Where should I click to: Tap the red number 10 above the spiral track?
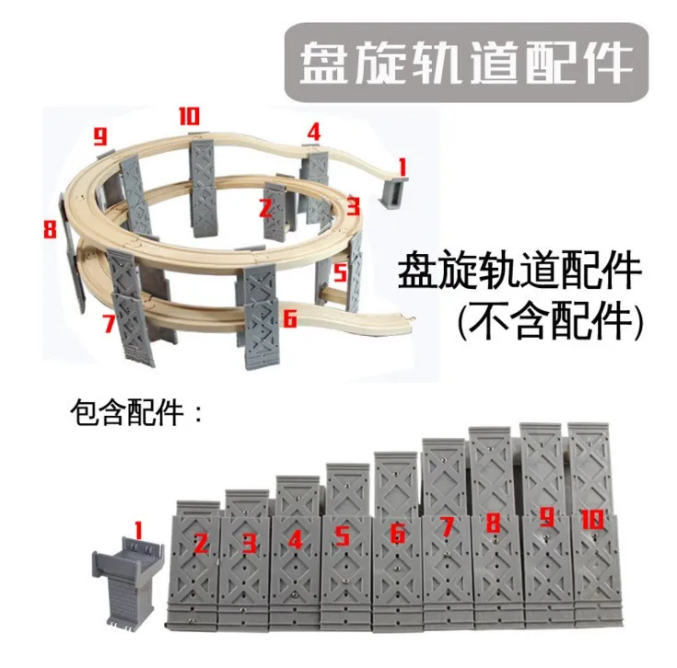pos(189,117)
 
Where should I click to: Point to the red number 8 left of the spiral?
pos(50,228)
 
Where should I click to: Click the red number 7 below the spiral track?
pos(108,323)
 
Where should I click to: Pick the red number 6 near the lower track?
pos(289,318)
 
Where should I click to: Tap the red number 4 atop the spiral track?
pos(313,132)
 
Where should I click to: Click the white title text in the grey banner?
pos(466,62)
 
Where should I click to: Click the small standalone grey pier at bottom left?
pos(127,576)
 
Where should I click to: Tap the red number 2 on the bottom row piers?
pos(201,542)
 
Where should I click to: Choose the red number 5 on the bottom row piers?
pos(342,536)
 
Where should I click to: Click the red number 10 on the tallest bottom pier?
pos(591,520)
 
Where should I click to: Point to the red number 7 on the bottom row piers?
pos(447,527)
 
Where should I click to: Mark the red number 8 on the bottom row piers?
pos(494,524)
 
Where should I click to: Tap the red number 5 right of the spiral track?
pos(340,272)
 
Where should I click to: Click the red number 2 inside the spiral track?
pos(266,208)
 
